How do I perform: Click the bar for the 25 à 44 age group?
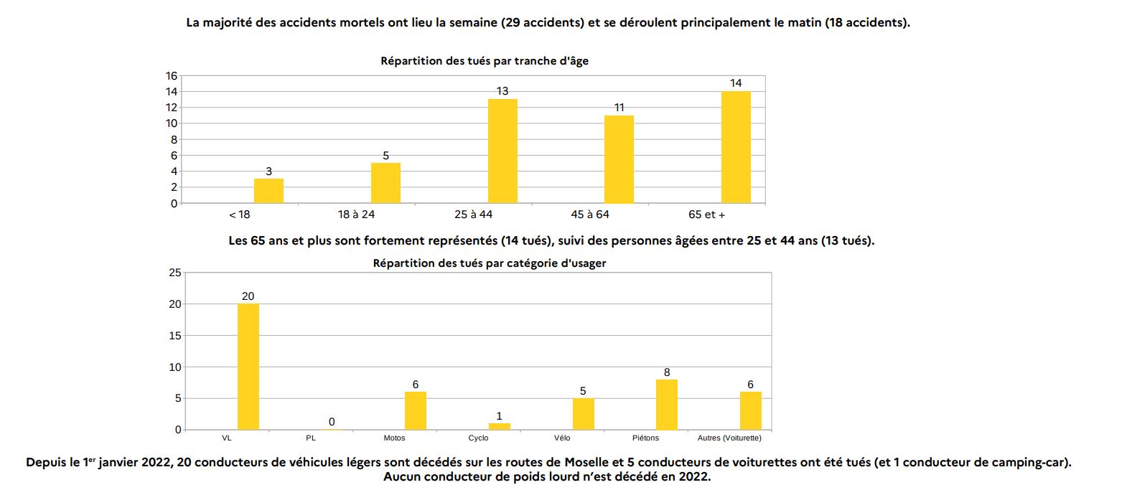tap(502, 151)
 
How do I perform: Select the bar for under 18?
tap(268, 191)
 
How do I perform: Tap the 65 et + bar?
tap(736, 147)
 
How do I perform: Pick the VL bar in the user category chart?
tap(248, 367)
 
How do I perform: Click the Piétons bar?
tap(667, 405)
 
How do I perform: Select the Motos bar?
tap(416, 410)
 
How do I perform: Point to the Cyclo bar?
tap(500, 426)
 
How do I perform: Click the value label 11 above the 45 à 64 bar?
tap(619, 108)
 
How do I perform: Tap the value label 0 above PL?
tap(332, 422)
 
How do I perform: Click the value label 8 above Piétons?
tap(667, 372)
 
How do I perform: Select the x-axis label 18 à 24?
tap(356, 214)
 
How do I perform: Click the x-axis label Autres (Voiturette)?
tap(729, 438)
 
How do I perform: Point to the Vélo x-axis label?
tap(562, 438)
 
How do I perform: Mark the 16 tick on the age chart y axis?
tap(172, 76)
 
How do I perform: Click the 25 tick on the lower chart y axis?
tap(175, 273)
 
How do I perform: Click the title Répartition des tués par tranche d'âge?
tap(485, 61)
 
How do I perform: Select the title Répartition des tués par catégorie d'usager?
tap(490, 263)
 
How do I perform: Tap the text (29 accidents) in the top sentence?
tap(543, 22)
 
